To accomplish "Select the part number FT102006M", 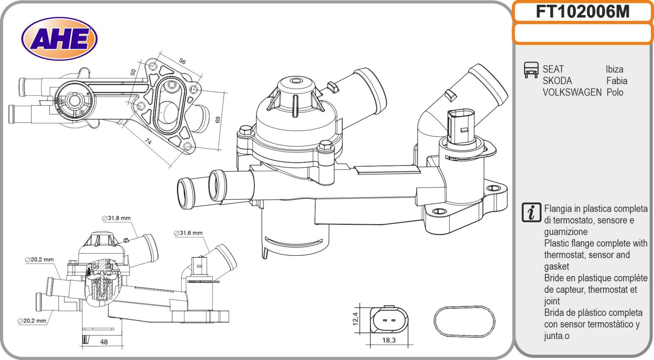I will click(x=582, y=12).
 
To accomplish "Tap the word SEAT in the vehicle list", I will click(x=553, y=69).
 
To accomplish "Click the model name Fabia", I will click(x=616, y=80).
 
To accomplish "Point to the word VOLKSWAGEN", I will click(x=572, y=92).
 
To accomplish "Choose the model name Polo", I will click(x=615, y=92).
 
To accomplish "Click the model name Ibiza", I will click(x=614, y=69).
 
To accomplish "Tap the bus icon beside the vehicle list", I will click(x=531, y=70).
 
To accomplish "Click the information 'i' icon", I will click(x=531, y=213).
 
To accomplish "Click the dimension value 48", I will click(x=104, y=342).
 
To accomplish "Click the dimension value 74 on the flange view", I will click(x=148, y=141).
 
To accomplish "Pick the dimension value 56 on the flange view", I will click(x=182, y=61).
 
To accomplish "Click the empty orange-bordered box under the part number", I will click(x=582, y=34).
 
